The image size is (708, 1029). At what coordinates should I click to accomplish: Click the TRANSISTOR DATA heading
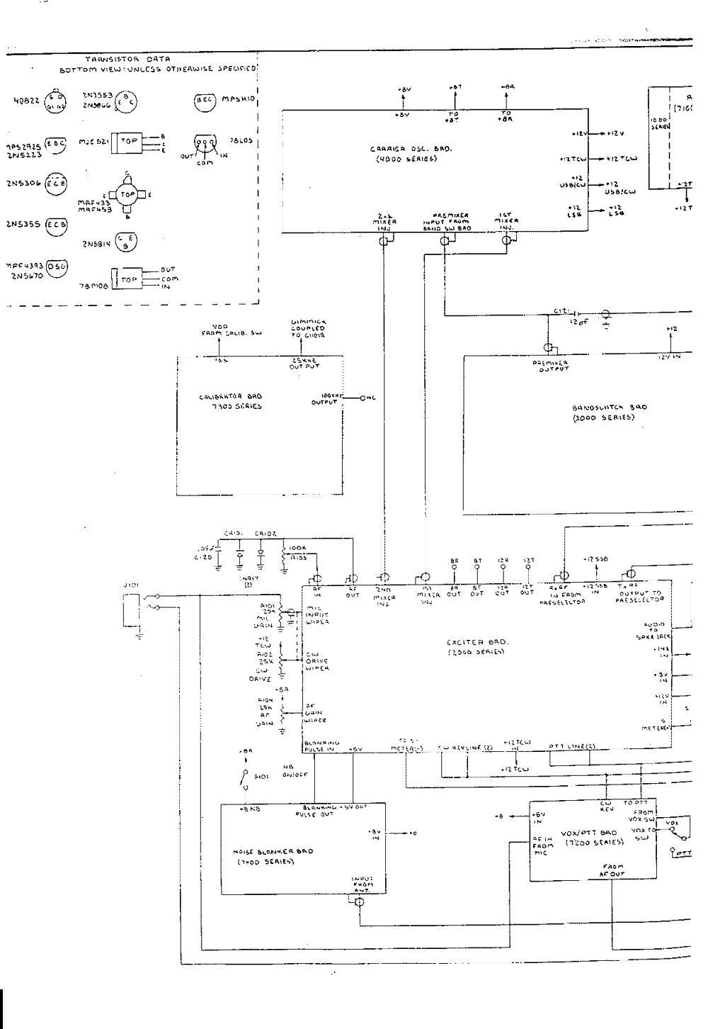tap(127, 59)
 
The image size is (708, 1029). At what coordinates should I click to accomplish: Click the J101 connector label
tap(131, 585)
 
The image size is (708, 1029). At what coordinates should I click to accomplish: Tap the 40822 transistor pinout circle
tap(55, 102)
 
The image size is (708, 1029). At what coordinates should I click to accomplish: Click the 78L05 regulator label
tap(241, 140)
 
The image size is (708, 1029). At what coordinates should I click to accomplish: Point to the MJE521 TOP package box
tap(130, 142)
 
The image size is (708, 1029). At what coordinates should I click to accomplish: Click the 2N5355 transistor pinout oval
tap(56, 225)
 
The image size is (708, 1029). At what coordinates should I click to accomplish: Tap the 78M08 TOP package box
tap(129, 279)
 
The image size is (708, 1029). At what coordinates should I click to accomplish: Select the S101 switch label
tap(261, 777)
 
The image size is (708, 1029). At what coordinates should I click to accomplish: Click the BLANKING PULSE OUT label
tap(318, 811)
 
